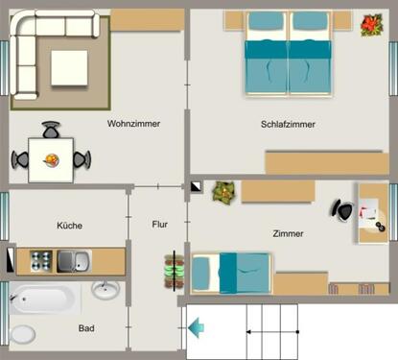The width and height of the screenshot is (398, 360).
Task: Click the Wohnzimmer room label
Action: [134, 124]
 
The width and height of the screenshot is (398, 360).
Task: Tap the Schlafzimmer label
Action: [288, 125]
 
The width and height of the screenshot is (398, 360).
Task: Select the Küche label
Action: [69, 226]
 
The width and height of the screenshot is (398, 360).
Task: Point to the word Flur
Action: [160, 225]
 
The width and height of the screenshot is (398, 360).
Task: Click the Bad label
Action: [86, 328]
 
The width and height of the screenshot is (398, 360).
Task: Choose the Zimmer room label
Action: [288, 234]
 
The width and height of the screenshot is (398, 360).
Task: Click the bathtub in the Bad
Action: [43, 300]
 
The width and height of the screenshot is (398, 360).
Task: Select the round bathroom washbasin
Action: [105, 290]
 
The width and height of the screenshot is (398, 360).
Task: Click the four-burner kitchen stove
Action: [40, 260]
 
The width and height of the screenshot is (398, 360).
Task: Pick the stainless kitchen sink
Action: [72, 260]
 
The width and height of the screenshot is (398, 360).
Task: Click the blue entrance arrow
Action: [196, 330]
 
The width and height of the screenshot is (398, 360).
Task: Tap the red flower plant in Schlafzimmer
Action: [370, 24]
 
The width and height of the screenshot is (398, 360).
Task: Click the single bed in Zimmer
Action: [230, 273]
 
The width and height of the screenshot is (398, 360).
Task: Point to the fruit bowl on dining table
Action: [52, 159]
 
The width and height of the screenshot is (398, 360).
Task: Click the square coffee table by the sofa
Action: [69, 66]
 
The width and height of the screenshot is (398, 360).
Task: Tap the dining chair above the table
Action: [51, 131]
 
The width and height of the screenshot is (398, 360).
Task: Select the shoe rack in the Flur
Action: [173, 273]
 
